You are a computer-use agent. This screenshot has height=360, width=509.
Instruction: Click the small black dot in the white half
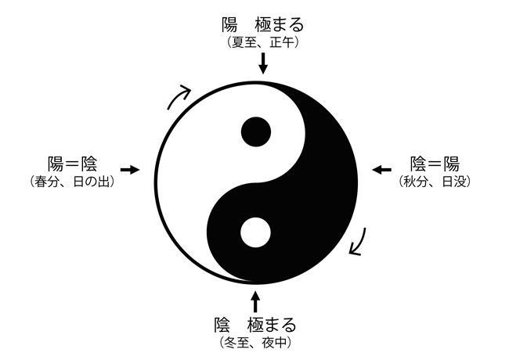tap(255, 131)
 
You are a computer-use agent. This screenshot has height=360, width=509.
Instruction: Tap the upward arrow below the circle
tap(254, 301)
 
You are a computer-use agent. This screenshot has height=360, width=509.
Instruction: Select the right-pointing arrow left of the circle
tap(129, 169)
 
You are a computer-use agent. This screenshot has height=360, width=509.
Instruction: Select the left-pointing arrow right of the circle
tap(381, 169)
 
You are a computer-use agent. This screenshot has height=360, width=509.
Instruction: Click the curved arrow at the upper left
tap(180, 97)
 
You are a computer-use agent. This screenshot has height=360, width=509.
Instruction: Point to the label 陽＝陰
tap(71, 164)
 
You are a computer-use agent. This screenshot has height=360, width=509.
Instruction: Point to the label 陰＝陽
tap(435, 164)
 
